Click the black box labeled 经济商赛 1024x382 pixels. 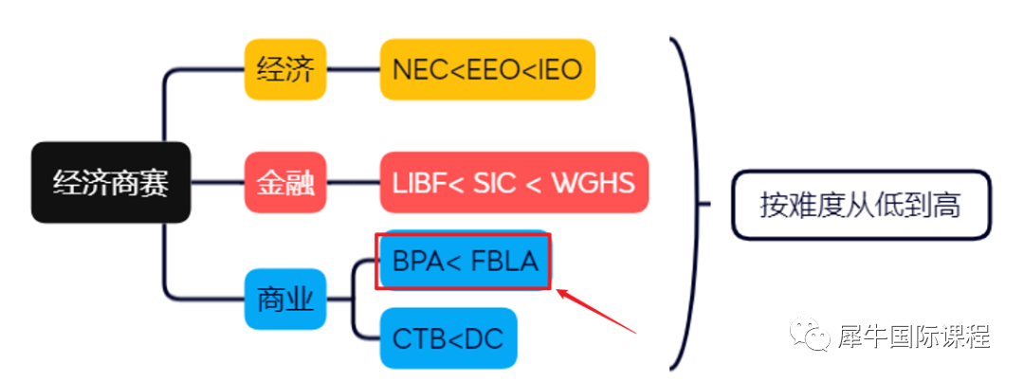coord(111,183)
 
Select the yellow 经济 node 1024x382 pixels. coord(284,69)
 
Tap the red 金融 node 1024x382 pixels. coord(284,182)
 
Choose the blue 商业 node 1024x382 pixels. coord(284,299)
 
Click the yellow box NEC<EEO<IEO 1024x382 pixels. coord(487,69)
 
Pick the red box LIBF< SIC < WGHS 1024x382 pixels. coord(514,182)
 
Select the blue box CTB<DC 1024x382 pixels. coord(448,337)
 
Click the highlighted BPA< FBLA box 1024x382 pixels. coord(464,260)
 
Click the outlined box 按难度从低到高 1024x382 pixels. coord(860,204)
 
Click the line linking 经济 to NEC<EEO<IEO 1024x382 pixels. coord(353,69)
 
